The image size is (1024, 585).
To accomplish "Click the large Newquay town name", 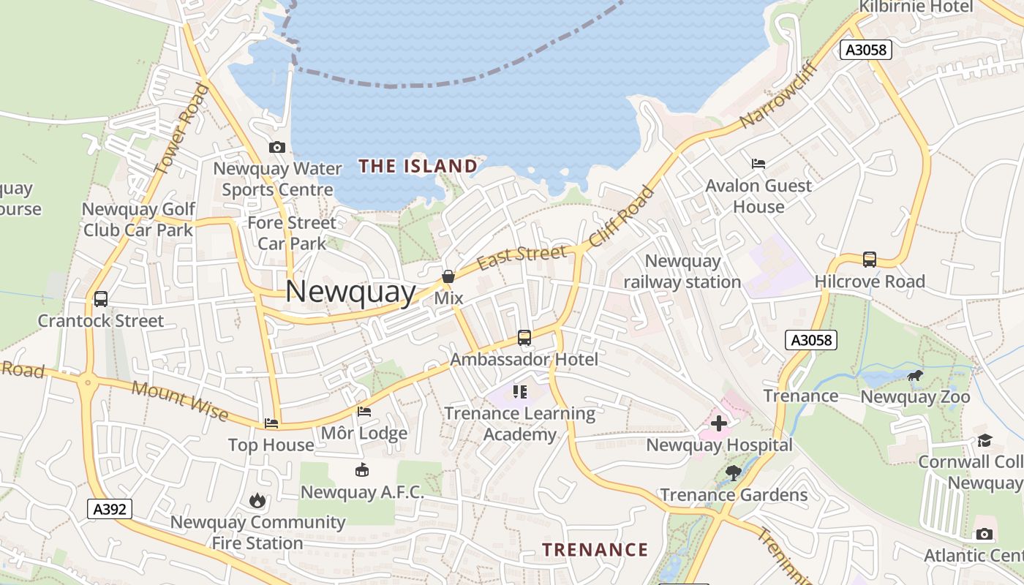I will point(350,291).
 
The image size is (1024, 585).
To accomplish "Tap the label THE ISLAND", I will point(418,166).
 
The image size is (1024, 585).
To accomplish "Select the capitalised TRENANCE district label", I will point(595,550).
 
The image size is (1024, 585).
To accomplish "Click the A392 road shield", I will point(110,509).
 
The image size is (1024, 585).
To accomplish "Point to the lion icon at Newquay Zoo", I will point(914,376).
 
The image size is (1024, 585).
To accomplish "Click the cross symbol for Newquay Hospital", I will point(719,423).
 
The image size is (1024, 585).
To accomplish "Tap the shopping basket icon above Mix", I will point(448,277).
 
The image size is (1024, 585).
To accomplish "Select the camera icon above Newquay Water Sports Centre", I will point(276,147).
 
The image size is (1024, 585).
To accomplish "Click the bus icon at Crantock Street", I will point(101,299).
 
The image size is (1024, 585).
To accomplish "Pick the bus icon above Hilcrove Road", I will point(870,260).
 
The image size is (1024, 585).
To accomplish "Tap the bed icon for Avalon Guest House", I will point(758,164).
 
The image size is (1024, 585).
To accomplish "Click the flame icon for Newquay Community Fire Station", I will point(257,501).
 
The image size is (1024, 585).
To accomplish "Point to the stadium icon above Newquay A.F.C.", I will point(361,470).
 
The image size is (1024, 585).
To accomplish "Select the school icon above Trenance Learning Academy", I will point(520,392).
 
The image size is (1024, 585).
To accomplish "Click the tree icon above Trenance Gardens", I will point(733,473).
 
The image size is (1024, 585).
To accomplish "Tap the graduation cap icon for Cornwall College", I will point(985,440).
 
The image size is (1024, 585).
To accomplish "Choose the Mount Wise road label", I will point(180,401).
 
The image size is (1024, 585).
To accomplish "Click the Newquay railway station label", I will point(682,271).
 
